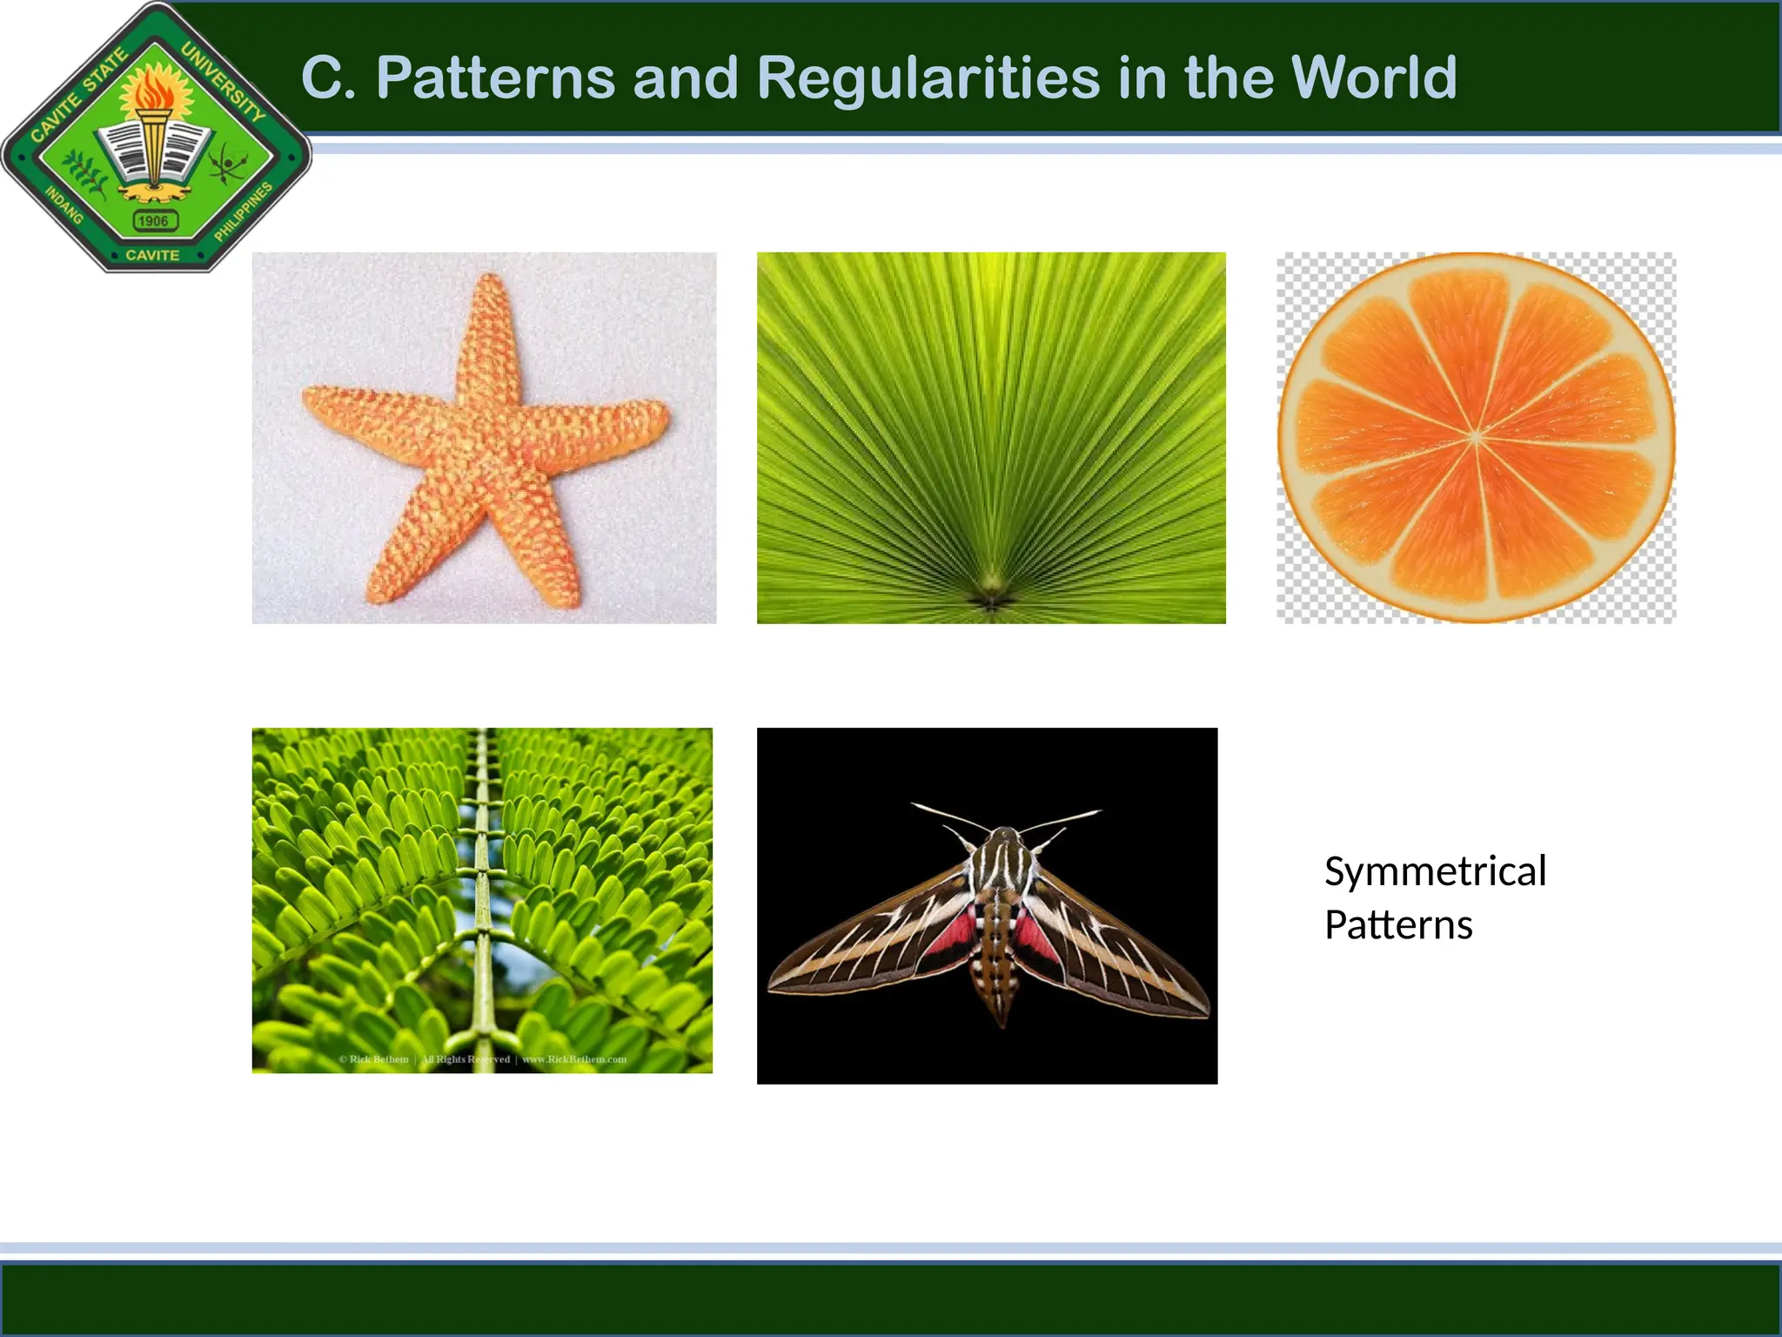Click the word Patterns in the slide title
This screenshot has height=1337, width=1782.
(495, 78)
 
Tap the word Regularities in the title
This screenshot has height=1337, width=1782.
(929, 78)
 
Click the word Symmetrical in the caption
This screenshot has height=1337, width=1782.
(1435, 871)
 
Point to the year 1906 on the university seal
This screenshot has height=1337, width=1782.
(154, 221)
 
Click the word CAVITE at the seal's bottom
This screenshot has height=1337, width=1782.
(152, 255)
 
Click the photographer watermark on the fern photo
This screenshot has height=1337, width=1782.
(483, 1059)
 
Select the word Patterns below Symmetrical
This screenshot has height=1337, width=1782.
(1397, 925)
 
